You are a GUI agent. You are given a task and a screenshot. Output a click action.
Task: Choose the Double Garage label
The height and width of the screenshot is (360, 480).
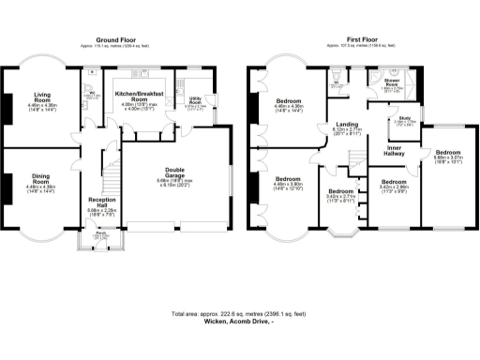pos(176,173)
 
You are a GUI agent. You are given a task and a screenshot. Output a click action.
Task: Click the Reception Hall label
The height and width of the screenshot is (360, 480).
pos(102,203)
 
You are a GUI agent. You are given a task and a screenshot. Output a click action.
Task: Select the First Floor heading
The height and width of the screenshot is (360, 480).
pos(363,40)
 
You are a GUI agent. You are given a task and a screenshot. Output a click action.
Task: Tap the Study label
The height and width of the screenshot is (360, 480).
pos(404,120)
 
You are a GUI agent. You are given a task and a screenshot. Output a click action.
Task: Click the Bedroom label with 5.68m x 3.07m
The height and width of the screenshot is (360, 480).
pos(447,155)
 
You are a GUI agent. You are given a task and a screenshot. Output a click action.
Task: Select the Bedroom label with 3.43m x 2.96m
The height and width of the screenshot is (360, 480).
pos(393,185)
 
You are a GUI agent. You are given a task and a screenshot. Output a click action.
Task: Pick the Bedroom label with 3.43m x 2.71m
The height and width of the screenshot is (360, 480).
pos(341,194)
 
